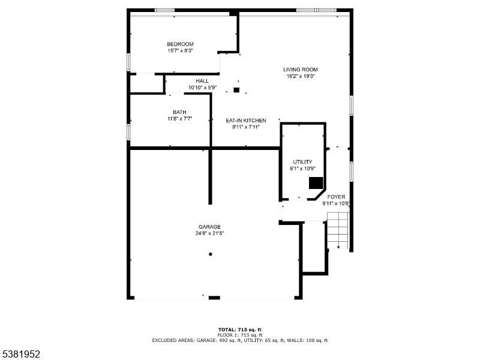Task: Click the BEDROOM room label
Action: click(x=180, y=44)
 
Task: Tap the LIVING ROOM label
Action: click(x=301, y=70)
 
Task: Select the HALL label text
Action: click(x=202, y=81)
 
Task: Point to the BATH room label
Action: click(x=179, y=112)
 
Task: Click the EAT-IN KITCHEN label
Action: click(x=246, y=121)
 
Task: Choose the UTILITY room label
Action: click(x=302, y=162)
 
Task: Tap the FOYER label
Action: click(x=336, y=197)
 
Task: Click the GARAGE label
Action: click(x=209, y=227)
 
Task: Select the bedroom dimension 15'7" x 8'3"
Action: click(x=180, y=51)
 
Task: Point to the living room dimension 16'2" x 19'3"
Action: click(x=301, y=76)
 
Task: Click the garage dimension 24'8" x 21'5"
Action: click(x=209, y=233)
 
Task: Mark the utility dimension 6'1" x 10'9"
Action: click(x=302, y=169)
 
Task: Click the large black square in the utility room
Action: click(x=316, y=183)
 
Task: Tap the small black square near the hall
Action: click(x=236, y=90)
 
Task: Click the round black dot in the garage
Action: click(x=211, y=254)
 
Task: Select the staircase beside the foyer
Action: click(x=338, y=230)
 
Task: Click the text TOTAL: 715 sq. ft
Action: click(x=240, y=329)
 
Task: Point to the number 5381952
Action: click(x=20, y=354)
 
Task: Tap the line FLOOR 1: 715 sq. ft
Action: click(x=240, y=335)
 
